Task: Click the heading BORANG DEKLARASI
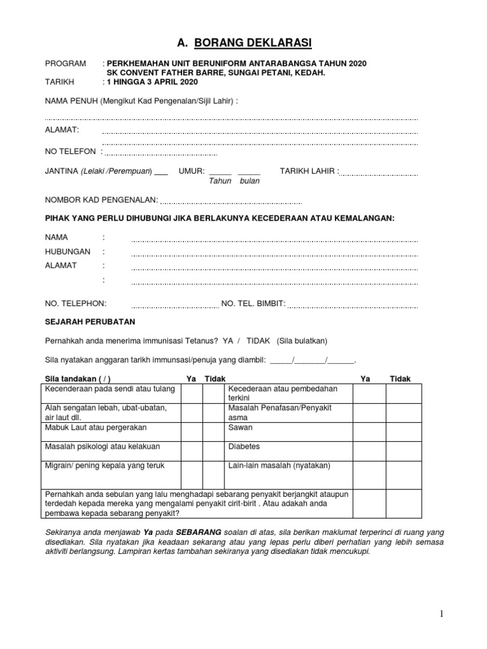tap(244, 43)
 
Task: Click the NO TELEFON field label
tap(70, 151)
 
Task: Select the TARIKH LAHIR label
tap(309, 171)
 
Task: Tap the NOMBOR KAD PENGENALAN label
tap(101, 200)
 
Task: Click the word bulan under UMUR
tap(250, 181)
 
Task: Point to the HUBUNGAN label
tap(67, 252)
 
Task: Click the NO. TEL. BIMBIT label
tap(253, 304)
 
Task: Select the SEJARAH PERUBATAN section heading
tap(89, 322)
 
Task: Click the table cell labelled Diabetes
tap(245, 446)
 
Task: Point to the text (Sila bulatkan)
tap(302, 340)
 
